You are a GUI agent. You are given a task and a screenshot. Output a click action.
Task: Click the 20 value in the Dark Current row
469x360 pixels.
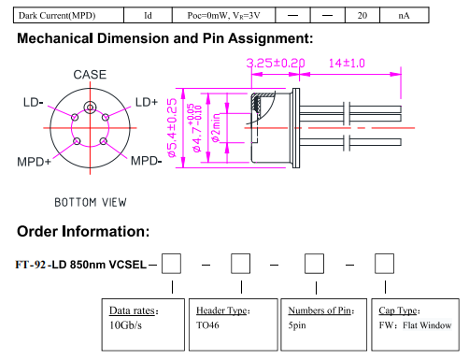coord(362,15)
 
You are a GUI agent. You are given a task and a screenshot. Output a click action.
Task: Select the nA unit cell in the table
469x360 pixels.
coord(404,15)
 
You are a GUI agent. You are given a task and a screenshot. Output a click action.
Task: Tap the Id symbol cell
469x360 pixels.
coord(148,15)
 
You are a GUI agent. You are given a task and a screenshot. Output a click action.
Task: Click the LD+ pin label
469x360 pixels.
coord(147,102)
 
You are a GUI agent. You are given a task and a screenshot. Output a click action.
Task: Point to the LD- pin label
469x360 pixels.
coord(33,102)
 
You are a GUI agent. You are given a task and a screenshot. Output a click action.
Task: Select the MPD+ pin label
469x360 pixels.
coord(34,162)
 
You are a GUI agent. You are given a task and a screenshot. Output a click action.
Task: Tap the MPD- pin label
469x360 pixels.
coord(146,161)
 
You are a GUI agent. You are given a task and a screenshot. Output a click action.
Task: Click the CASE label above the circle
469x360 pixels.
coord(90,75)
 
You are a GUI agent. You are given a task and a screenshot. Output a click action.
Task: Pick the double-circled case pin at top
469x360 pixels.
coord(90,108)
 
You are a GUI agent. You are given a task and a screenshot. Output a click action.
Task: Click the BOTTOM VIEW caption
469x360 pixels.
coord(91,202)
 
